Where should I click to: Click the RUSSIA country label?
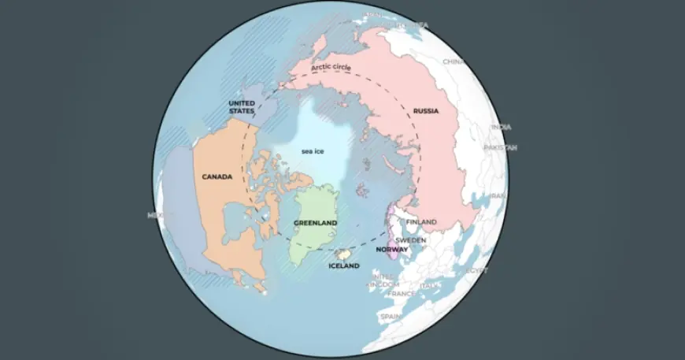425,112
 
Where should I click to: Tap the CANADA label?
217,177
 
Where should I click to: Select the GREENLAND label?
316,223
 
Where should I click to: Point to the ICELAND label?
344,266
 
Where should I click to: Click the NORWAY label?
392,249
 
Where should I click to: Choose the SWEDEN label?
411,239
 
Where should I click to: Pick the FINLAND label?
422,222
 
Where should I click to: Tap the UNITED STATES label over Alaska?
242,107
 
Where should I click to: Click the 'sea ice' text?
313,150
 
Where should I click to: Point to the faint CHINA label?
454,61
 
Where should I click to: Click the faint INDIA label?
501,127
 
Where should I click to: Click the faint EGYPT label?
477,270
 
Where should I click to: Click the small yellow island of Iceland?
343,254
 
